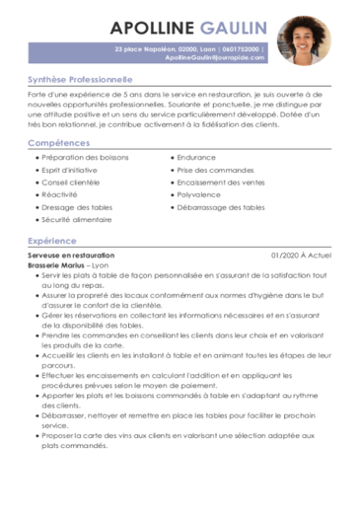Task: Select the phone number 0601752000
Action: (242, 47)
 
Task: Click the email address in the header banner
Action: (215, 57)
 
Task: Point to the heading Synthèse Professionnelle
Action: (80, 78)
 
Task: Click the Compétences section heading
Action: (59, 143)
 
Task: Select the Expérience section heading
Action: (52, 240)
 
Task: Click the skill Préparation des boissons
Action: (84, 157)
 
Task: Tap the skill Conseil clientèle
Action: (72, 183)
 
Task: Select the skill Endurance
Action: (197, 157)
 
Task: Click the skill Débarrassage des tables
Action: (221, 208)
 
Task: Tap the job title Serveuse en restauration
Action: (71, 256)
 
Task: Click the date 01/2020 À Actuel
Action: (302, 256)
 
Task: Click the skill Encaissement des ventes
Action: (221, 183)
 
